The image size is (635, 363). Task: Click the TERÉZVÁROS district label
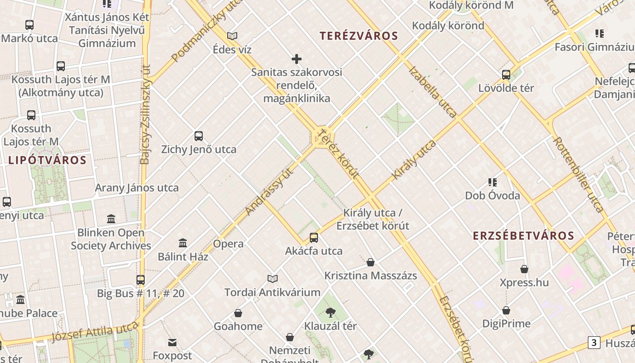tap(358, 36)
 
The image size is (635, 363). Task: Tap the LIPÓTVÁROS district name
tap(47, 160)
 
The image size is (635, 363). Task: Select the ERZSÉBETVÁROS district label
tap(523, 236)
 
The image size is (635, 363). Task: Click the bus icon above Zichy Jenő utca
tap(198, 136)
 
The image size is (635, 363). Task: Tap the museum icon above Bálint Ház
tap(183, 243)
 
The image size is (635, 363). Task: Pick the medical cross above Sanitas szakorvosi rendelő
tap(297, 59)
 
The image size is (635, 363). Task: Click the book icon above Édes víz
tap(232, 36)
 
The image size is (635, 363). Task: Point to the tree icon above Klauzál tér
tap(330, 312)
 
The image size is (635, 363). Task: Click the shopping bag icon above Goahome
tap(238, 313)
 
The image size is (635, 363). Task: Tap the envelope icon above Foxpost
tap(172, 342)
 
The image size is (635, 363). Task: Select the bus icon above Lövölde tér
tap(506, 75)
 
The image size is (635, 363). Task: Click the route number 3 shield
tap(594, 343)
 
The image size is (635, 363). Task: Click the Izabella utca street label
tap(432, 92)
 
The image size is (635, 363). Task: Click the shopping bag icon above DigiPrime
tap(506, 310)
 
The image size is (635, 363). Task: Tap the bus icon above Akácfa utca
tap(313, 237)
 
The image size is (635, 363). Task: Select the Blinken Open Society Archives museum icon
tap(111, 219)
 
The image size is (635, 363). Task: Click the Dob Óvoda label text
tap(493, 196)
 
